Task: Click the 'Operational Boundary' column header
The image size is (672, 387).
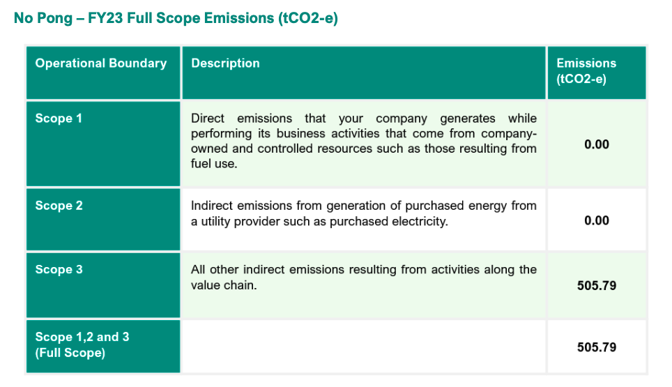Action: pos(100,63)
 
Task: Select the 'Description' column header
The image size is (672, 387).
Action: pos(225,63)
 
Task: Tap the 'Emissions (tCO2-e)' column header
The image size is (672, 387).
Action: pos(586,71)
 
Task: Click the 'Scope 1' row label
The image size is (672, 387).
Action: pos(59,119)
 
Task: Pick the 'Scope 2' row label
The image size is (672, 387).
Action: pos(59,206)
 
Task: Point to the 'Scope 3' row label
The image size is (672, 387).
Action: pos(59,270)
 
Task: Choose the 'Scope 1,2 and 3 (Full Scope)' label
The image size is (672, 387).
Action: pos(82,344)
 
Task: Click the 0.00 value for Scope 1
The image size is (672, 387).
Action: pos(597,144)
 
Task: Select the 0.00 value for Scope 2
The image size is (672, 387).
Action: pos(597,221)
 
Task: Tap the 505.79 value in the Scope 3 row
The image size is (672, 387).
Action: pos(597,286)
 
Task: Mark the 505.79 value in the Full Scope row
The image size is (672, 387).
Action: pos(597,347)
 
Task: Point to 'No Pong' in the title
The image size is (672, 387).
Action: pos(43,18)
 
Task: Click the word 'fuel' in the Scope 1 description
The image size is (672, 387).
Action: pos(201,164)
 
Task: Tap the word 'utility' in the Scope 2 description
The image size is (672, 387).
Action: pos(215,222)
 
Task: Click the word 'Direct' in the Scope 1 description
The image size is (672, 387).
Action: pos(208,119)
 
